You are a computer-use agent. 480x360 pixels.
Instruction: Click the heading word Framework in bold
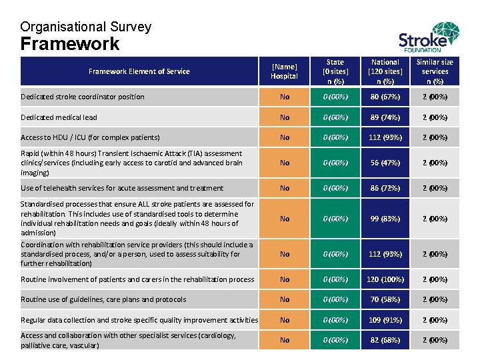tap(70, 44)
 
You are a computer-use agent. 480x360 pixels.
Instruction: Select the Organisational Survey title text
tap(85, 27)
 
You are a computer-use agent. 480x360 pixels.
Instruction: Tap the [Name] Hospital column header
tap(285, 71)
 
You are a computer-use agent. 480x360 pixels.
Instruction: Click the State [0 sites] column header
tap(335, 71)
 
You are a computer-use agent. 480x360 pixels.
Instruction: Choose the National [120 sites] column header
tap(385, 71)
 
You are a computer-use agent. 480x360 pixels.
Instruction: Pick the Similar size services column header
tap(435, 71)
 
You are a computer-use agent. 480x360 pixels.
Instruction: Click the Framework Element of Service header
tap(139, 71)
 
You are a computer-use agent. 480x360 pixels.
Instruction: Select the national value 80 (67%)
tap(385, 97)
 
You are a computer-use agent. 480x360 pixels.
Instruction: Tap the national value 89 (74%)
tap(385, 117)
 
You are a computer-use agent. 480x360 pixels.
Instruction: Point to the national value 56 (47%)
tap(385, 163)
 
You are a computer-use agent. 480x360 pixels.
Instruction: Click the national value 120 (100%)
tap(385, 279)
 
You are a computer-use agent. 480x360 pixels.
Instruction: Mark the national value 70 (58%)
tap(385, 299)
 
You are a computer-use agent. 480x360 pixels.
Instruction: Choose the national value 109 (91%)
tap(385, 320)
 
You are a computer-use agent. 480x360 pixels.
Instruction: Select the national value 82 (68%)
tap(385, 340)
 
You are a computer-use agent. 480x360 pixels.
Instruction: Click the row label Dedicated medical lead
tap(59, 117)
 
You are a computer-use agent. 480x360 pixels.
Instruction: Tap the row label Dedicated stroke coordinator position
tap(82, 97)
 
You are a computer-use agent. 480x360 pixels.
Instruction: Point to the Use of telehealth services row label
tap(122, 188)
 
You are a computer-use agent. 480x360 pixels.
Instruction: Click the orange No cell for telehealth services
tap(285, 188)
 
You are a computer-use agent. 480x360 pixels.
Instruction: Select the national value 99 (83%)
tap(385, 219)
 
